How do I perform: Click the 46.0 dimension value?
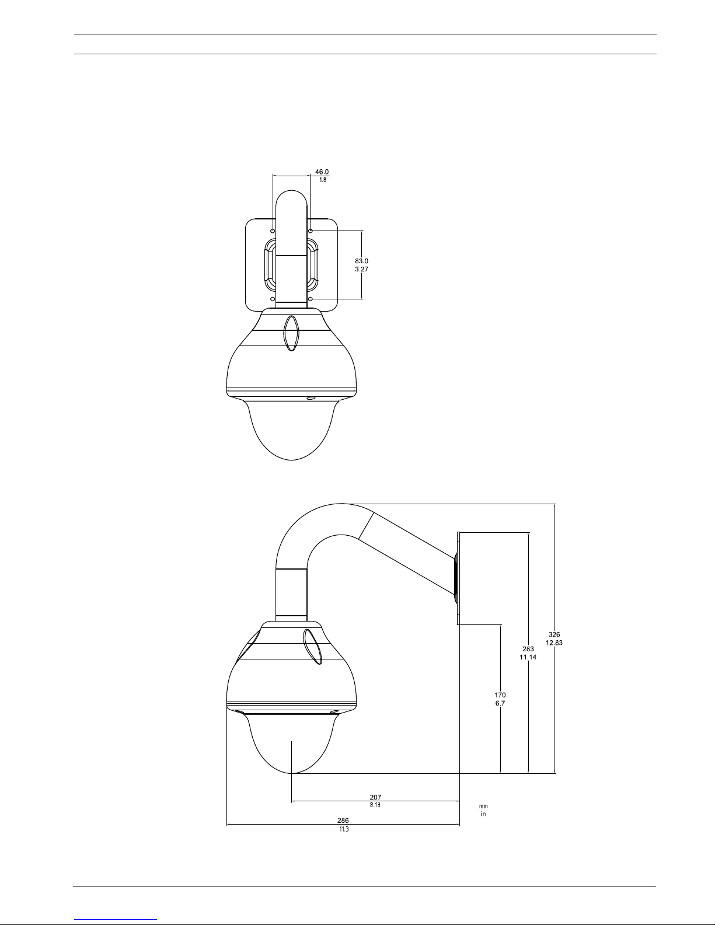tap(322, 172)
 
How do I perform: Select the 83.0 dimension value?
tap(362, 261)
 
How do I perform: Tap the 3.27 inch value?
tap(362, 269)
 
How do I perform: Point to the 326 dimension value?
tap(554, 634)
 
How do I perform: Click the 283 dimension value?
tap(528, 649)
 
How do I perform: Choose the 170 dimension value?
tap(500, 695)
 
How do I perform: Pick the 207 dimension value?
tap(375, 797)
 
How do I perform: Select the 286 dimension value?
tap(343, 821)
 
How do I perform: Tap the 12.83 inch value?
tap(554, 643)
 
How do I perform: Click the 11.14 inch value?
tap(528, 657)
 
